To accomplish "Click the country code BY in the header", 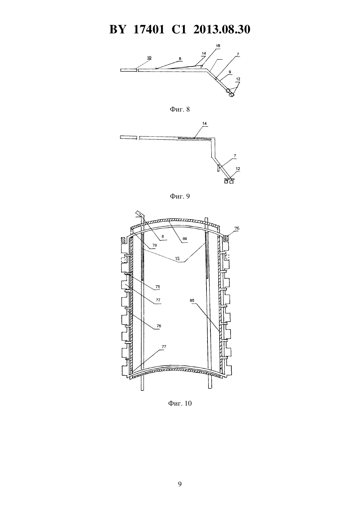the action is [117, 29].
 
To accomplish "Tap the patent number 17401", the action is [149, 29].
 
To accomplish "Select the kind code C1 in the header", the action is [179, 29].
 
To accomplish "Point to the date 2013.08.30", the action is [222, 29].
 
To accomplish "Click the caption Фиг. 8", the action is [180, 109].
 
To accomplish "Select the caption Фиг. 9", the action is [180, 196].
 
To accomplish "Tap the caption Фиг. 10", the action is [180, 403].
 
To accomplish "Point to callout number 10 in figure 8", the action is [149, 58].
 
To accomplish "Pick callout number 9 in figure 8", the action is [230, 72].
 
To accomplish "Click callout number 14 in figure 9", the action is [205, 123].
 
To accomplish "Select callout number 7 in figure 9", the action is [235, 156].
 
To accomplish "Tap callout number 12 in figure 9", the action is [238, 169].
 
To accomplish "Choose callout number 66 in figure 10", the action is [185, 238].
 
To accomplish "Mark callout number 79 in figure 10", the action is [154, 245].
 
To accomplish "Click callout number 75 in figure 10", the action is [158, 287].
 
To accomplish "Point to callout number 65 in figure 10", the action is [192, 300].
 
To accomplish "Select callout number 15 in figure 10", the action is [177, 258].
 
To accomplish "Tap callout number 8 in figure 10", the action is [163, 237].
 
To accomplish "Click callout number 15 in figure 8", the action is [218, 46].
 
